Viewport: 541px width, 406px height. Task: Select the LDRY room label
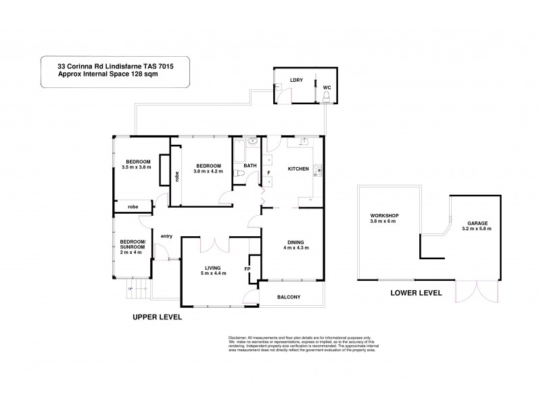pyautogui.click(x=296, y=80)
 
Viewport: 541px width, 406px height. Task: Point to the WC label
pyautogui.click(x=326, y=88)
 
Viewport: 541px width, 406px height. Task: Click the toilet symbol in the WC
pyautogui.click(x=326, y=99)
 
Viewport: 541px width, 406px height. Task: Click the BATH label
pyautogui.click(x=250, y=165)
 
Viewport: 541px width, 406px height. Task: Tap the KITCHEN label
pyautogui.click(x=298, y=168)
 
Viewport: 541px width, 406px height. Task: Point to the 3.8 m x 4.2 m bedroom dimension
pyautogui.click(x=206, y=171)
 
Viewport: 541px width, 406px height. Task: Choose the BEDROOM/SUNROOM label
pyautogui.click(x=132, y=244)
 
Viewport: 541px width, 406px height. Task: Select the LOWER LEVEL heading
pyautogui.click(x=416, y=293)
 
